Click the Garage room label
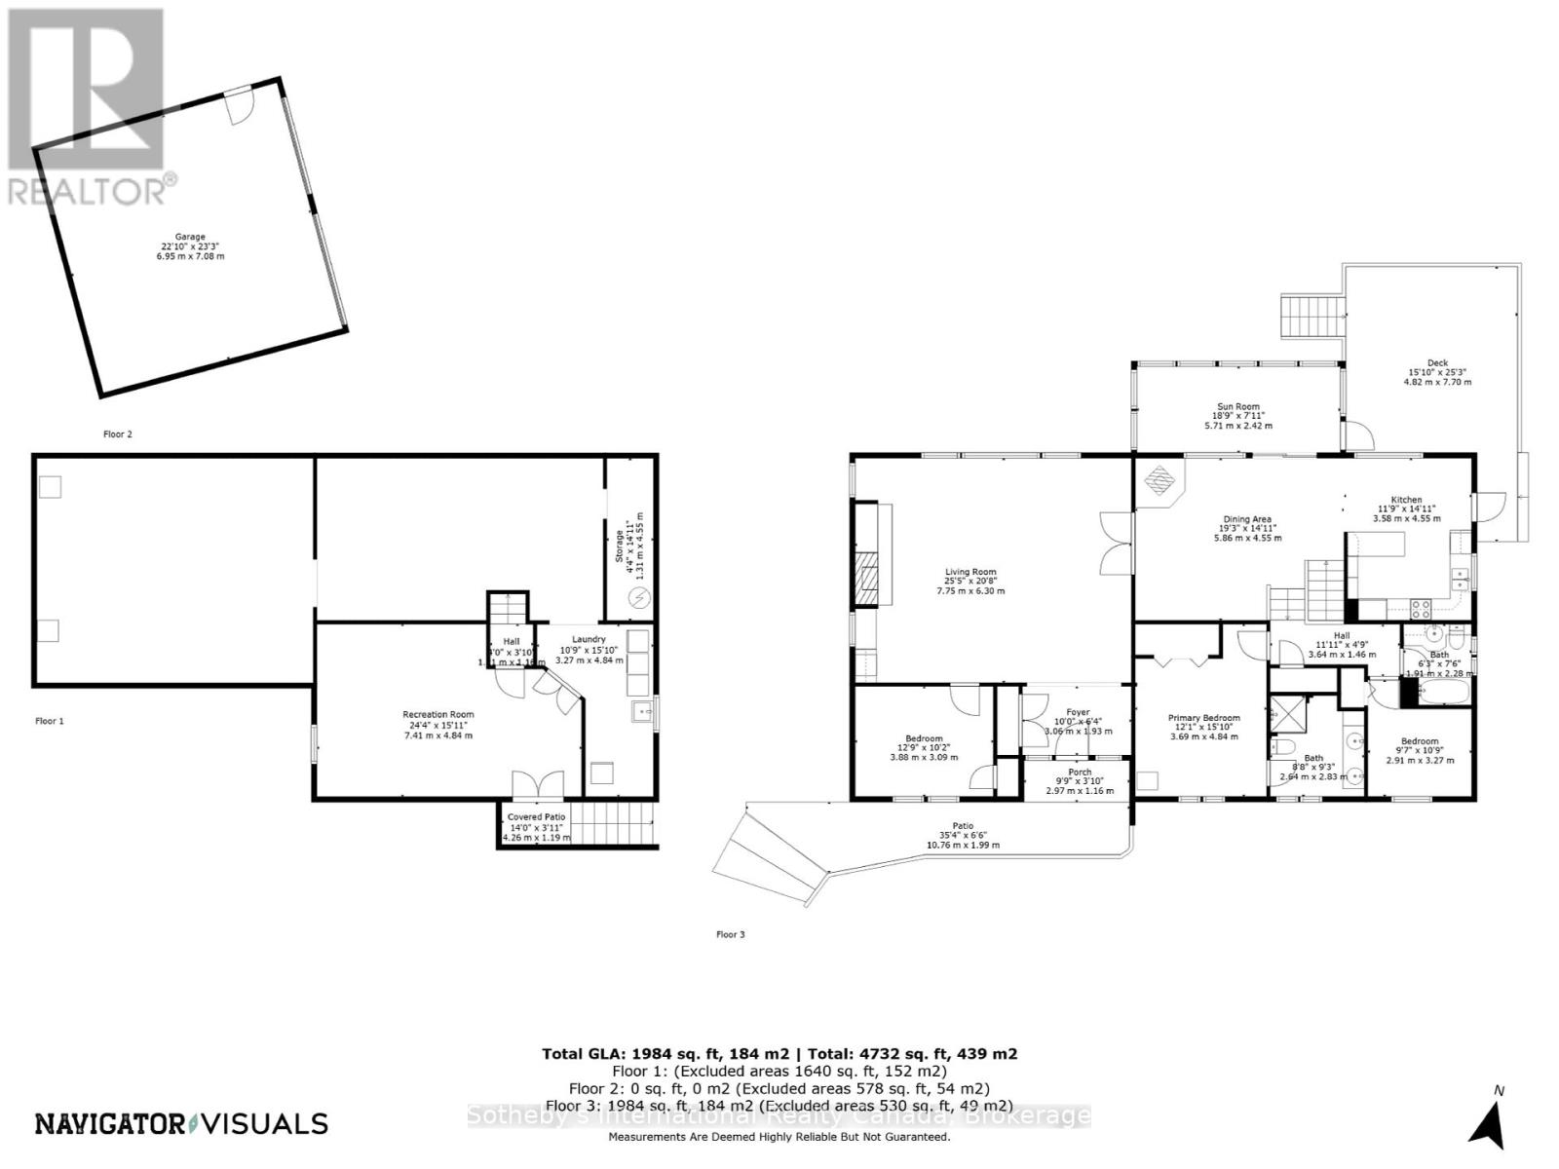click(190, 246)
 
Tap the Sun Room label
click(1238, 416)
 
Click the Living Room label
click(970, 582)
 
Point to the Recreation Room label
click(438, 725)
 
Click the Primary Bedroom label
click(1204, 727)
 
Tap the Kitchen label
click(1406, 509)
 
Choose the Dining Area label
click(1247, 528)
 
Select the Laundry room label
click(589, 649)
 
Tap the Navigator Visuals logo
click(181, 1123)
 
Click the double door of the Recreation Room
click(538, 785)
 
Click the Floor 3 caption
click(730, 934)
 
